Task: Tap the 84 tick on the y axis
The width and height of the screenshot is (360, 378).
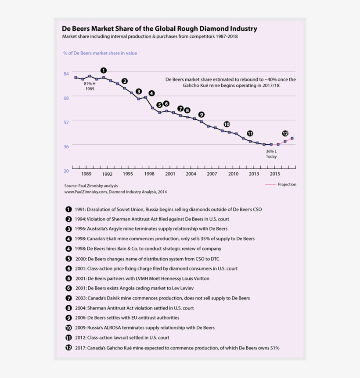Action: point(66,74)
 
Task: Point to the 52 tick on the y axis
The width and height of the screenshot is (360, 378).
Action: point(66,122)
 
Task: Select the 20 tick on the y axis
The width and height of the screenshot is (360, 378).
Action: point(66,171)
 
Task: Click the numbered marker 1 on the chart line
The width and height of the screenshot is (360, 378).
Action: point(104,70)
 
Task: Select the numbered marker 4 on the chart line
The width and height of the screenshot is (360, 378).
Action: point(151,93)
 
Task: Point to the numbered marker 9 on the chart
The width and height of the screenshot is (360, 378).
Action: point(201,114)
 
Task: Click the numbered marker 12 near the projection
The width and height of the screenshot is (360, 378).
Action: point(285,133)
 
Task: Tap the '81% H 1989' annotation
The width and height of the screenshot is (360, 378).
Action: point(90,86)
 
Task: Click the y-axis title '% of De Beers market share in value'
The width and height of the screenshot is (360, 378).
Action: point(100,53)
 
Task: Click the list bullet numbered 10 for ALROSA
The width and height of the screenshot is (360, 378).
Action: point(68,328)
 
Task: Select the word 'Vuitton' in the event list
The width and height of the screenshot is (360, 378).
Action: point(200,278)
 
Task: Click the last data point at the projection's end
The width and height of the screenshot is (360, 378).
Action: point(292,139)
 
